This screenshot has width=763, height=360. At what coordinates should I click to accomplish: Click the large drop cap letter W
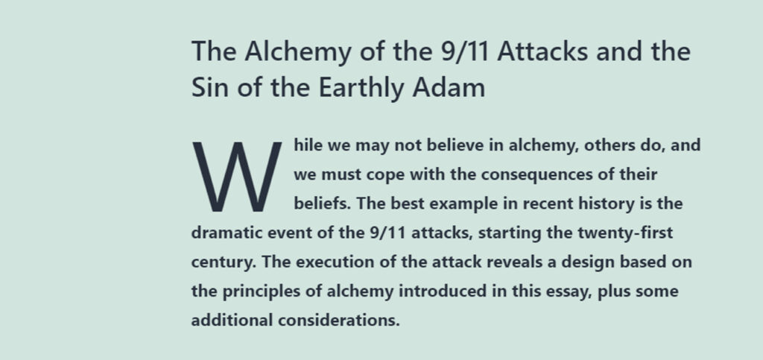(237, 177)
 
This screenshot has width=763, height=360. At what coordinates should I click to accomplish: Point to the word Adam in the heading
(448, 88)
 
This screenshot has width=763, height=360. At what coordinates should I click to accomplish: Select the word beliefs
(322, 203)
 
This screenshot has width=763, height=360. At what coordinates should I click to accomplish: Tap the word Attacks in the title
(542, 51)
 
